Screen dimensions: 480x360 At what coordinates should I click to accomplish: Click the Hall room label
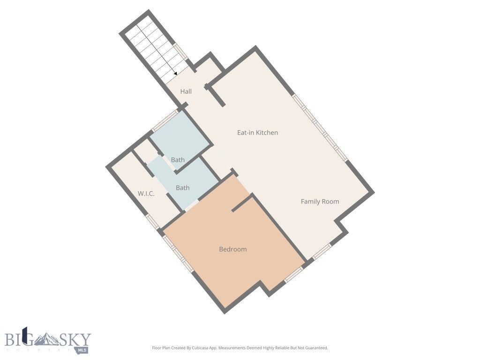click(186, 91)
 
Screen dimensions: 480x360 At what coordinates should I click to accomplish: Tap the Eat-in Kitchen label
click(257, 133)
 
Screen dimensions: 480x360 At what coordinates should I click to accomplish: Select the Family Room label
click(320, 202)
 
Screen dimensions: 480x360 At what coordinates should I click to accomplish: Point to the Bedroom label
click(232, 249)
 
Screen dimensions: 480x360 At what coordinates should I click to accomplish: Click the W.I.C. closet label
click(146, 194)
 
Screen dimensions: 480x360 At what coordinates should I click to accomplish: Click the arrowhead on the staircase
click(175, 73)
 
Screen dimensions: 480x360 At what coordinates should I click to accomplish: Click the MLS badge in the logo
click(82, 350)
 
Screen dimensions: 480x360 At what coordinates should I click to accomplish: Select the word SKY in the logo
click(76, 339)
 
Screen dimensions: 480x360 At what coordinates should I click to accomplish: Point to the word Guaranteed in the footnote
click(316, 348)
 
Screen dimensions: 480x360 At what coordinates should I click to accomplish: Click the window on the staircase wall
click(180, 52)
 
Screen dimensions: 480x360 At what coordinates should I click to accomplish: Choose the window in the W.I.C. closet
click(152, 221)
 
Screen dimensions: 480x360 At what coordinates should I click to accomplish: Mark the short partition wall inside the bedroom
click(242, 203)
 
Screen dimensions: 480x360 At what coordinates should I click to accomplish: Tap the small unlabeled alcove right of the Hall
click(208, 70)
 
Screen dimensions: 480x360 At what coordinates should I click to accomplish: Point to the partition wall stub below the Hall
click(217, 96)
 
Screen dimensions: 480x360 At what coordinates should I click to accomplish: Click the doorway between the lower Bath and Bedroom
click(192, 205)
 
